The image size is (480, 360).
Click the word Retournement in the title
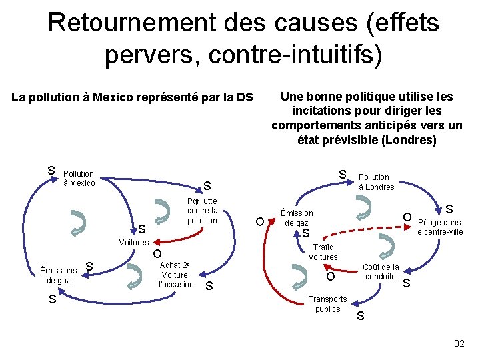[x=128, y=23]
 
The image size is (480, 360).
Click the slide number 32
[x=459, y=343]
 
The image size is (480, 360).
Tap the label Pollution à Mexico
[x=79, y=179]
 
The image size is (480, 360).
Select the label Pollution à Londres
[x=377, y=182]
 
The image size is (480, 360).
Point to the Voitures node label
[x=133, y=243]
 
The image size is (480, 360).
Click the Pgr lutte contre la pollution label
[x=202, y=211]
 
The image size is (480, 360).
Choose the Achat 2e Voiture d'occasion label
[x=175, y=275]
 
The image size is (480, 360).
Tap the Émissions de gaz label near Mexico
[x=58, y=275]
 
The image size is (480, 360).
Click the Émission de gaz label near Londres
[x=297, y=218]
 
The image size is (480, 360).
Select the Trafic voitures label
[x=323, y=252]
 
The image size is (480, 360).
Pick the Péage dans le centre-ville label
[x=439, y=227]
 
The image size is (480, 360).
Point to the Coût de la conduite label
[x=381, y=272]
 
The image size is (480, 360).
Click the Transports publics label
[x=327, y=304]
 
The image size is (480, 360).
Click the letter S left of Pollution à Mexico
[x=51, y=171]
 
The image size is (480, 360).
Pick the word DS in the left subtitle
[x=245, y=98]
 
